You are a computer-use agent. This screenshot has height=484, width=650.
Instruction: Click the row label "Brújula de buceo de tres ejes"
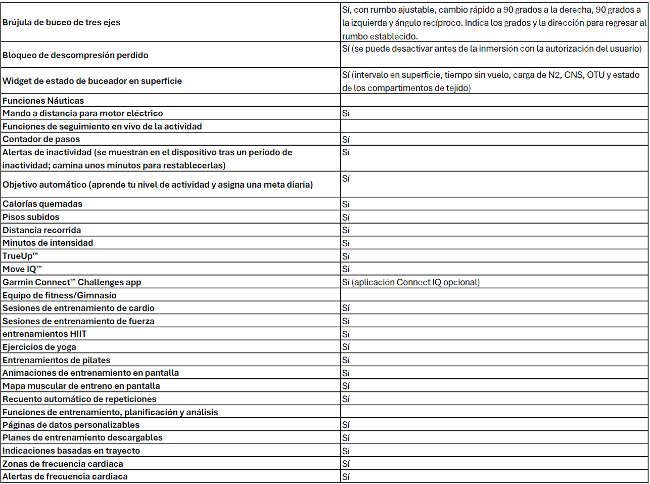[61, 22]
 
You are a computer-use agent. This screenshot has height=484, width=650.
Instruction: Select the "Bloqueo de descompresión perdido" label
[75, 55]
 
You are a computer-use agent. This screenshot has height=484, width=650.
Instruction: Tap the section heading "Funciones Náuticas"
[43, 101]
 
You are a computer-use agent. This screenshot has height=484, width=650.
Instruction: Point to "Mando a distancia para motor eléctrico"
[83, 113]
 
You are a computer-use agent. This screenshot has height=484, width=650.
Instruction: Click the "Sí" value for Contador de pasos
[346, 140]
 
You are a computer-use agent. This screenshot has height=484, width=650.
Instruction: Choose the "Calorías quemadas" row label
[42, 204]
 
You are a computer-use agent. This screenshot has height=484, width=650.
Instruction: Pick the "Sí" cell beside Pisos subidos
[346, 217]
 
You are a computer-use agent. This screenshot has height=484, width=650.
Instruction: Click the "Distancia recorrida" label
[41, 230]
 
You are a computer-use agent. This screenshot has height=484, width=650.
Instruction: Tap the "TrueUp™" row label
[20, 256]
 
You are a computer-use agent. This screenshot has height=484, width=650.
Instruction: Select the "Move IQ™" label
[22, 269]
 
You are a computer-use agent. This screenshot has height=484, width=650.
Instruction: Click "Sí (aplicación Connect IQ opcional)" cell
[411, 282]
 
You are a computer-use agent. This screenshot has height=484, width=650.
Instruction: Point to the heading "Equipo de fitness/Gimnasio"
[60, 295]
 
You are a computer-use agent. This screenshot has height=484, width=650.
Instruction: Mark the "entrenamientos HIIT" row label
[44, 334]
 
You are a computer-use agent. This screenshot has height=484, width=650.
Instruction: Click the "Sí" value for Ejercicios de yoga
[346, 347]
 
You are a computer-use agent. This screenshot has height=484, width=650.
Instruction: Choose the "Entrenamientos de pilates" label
[57, 360]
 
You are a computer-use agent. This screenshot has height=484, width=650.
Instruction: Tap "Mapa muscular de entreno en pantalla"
[81, 386]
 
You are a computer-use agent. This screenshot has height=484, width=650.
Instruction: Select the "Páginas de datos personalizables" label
[71, 425]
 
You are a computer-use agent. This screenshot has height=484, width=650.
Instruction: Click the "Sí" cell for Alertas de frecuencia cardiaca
[346, 477]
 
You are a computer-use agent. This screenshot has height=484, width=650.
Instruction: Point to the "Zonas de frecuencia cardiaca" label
[63, 464]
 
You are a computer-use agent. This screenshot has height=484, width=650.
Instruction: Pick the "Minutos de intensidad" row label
[48, 243]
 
